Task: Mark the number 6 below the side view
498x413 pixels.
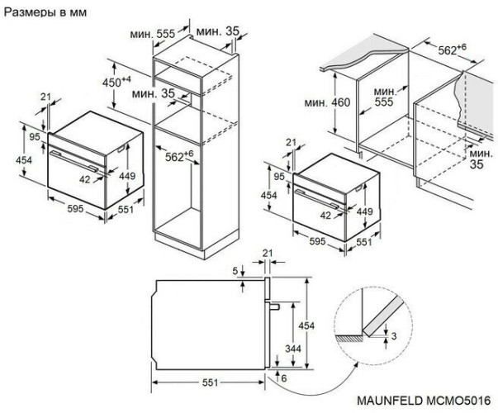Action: (x=284, y=377)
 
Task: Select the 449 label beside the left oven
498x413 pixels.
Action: (x=127, y=176)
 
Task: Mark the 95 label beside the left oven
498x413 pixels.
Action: (x=36, y=136)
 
